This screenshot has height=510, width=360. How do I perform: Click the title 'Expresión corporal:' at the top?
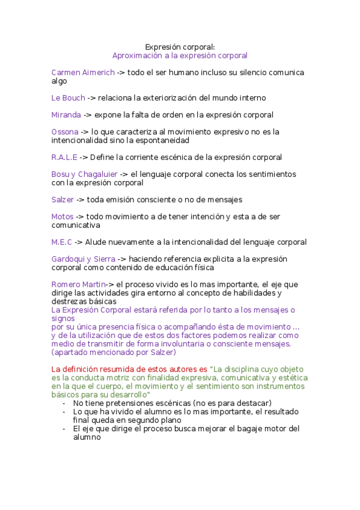(180, 46)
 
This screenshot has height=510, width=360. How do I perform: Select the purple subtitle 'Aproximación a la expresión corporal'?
(180, 55)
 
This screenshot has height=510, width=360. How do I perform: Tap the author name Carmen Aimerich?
(83, 73)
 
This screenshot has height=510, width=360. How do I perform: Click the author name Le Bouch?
(69, 98)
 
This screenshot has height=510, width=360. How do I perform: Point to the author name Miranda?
(66, 115)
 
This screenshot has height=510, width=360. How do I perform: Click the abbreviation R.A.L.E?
(64, 158)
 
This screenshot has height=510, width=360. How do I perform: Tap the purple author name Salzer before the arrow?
(63, 200)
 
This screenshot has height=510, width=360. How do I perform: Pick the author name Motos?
(63, 217)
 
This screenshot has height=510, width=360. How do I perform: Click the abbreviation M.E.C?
(62, 242)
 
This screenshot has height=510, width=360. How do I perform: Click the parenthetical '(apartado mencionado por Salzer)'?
(114, 352)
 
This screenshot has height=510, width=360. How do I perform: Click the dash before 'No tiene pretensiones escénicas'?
(64, 403)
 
